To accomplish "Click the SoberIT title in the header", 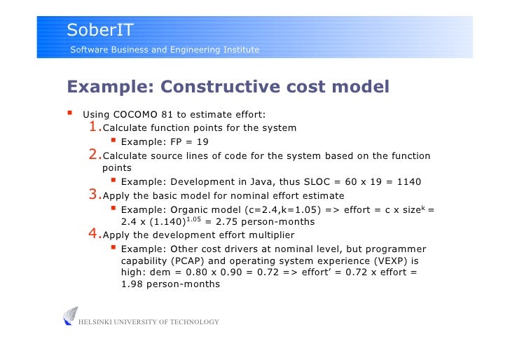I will click(99, 29).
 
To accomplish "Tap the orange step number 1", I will click(94, 127).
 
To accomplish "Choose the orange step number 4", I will click(94, 234).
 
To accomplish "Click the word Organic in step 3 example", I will click(183, 209).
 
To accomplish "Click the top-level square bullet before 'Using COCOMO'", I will click(70, 114).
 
